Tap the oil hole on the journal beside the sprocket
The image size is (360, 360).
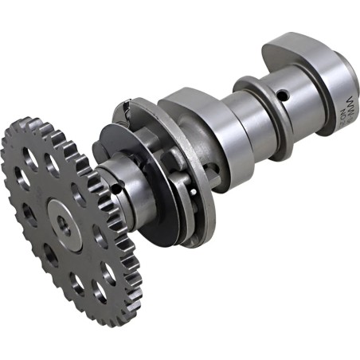[x=117, y=189]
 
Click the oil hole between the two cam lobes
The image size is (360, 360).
[x=281, y=96]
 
